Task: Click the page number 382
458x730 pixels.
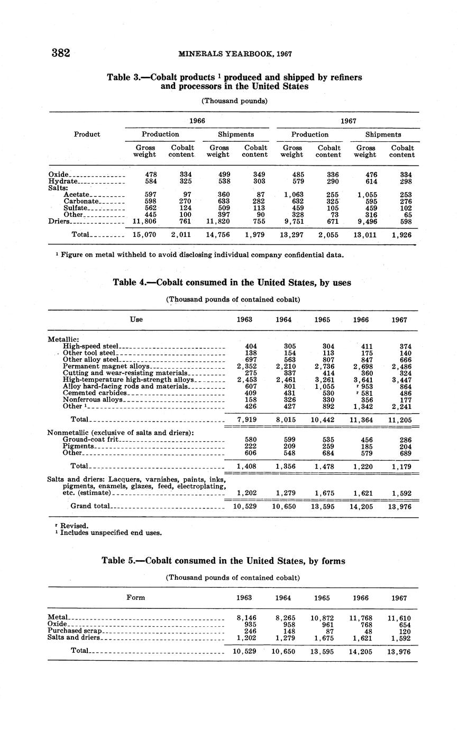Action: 61,53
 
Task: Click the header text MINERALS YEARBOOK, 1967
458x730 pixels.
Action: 235,54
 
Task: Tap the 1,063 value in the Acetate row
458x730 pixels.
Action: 292,194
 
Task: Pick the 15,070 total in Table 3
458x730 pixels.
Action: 144,234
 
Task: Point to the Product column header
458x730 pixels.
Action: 87,134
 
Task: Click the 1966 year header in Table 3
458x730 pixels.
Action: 197,121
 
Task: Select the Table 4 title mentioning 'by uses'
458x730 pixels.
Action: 232,283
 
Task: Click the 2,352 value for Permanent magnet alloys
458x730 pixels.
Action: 246,366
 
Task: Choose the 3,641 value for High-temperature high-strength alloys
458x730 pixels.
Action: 362,379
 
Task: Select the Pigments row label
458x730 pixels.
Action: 78,446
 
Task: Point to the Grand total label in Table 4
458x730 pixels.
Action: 90,506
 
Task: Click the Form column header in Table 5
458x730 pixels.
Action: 136,598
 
